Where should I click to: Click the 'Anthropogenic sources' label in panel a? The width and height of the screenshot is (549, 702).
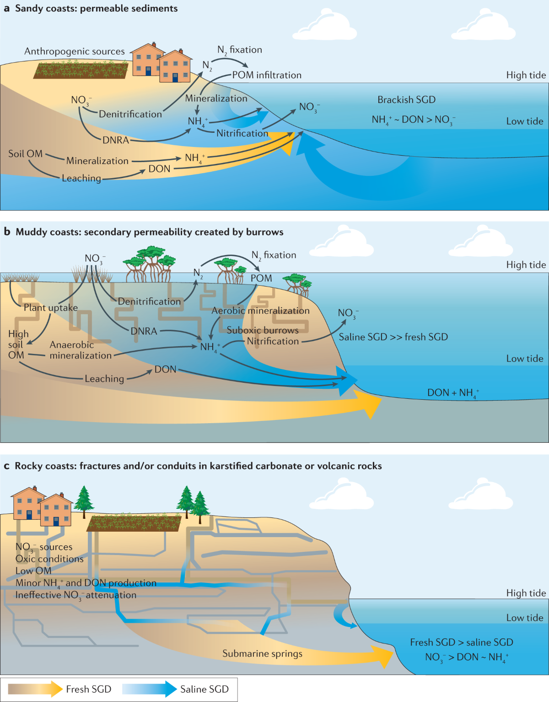coord(74,51)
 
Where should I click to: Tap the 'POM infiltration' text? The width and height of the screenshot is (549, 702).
coord(267,75)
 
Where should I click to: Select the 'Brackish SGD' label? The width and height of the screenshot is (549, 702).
coord(406,100)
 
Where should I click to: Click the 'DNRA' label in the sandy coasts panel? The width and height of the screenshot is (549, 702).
coord(116,140)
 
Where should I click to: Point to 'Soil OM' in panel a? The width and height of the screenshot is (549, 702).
coord(25,154)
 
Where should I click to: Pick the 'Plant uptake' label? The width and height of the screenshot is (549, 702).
coord(51,308)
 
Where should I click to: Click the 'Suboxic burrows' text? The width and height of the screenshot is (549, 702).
coord(263,330)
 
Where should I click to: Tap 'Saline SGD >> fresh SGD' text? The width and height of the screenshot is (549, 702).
coord(393,337)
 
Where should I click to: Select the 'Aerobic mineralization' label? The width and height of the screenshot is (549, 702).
coord(260,310)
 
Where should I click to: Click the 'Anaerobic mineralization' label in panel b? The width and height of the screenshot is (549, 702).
coord(81,350)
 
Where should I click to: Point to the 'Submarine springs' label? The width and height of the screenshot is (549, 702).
coord(262,653)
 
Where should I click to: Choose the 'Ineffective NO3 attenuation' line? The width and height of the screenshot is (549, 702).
coord(76,595)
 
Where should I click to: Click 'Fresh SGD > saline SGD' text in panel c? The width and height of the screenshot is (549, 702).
coord(461,642)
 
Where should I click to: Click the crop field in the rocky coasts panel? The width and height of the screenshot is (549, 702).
coord(134,523)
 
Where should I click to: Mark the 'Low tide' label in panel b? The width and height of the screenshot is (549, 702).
coord(524,359)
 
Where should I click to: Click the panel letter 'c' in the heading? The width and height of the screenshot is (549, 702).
coord(6,466)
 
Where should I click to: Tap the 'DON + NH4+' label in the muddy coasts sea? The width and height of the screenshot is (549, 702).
coord(453,393)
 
